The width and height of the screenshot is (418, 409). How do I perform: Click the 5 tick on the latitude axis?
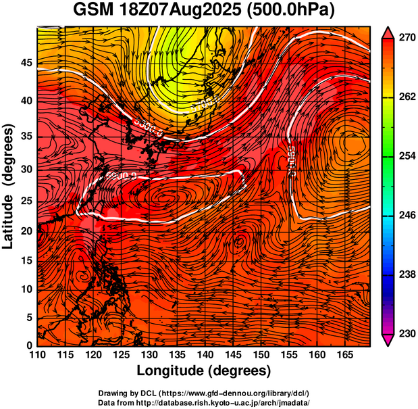(x=30, y=317)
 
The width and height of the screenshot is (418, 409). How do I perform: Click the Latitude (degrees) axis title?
(x=9, y=187)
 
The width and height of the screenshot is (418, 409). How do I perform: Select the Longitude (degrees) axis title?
(x=204, y=370)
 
